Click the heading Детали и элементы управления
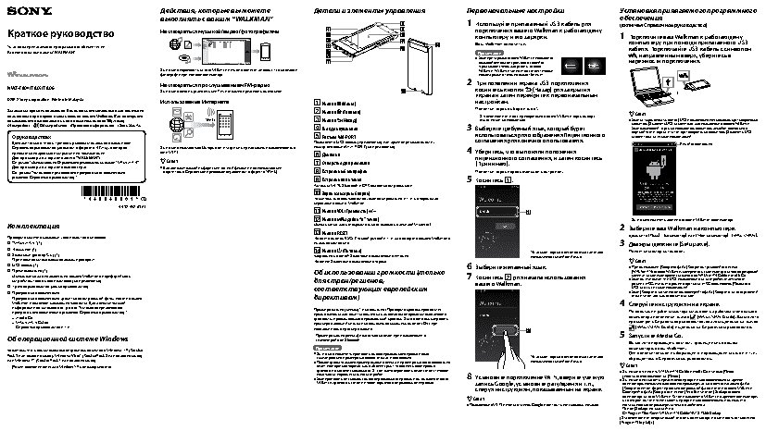(361, 8)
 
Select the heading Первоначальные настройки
(509, 8)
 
